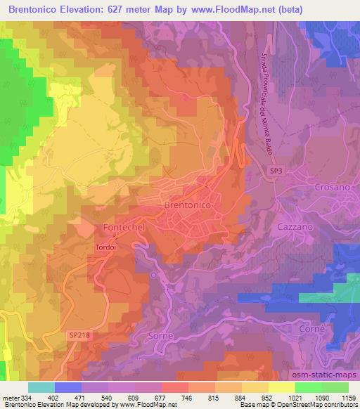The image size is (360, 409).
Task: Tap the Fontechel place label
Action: (124, 228)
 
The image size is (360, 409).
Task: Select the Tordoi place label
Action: (105, 247)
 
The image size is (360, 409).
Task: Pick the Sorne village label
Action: (160, 337)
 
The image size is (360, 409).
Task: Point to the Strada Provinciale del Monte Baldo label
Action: (262, 98)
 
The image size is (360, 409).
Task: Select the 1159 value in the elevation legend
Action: (347, 398)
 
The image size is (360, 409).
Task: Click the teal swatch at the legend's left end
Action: (41, 387)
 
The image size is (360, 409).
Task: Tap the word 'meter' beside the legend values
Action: (10, 398)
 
